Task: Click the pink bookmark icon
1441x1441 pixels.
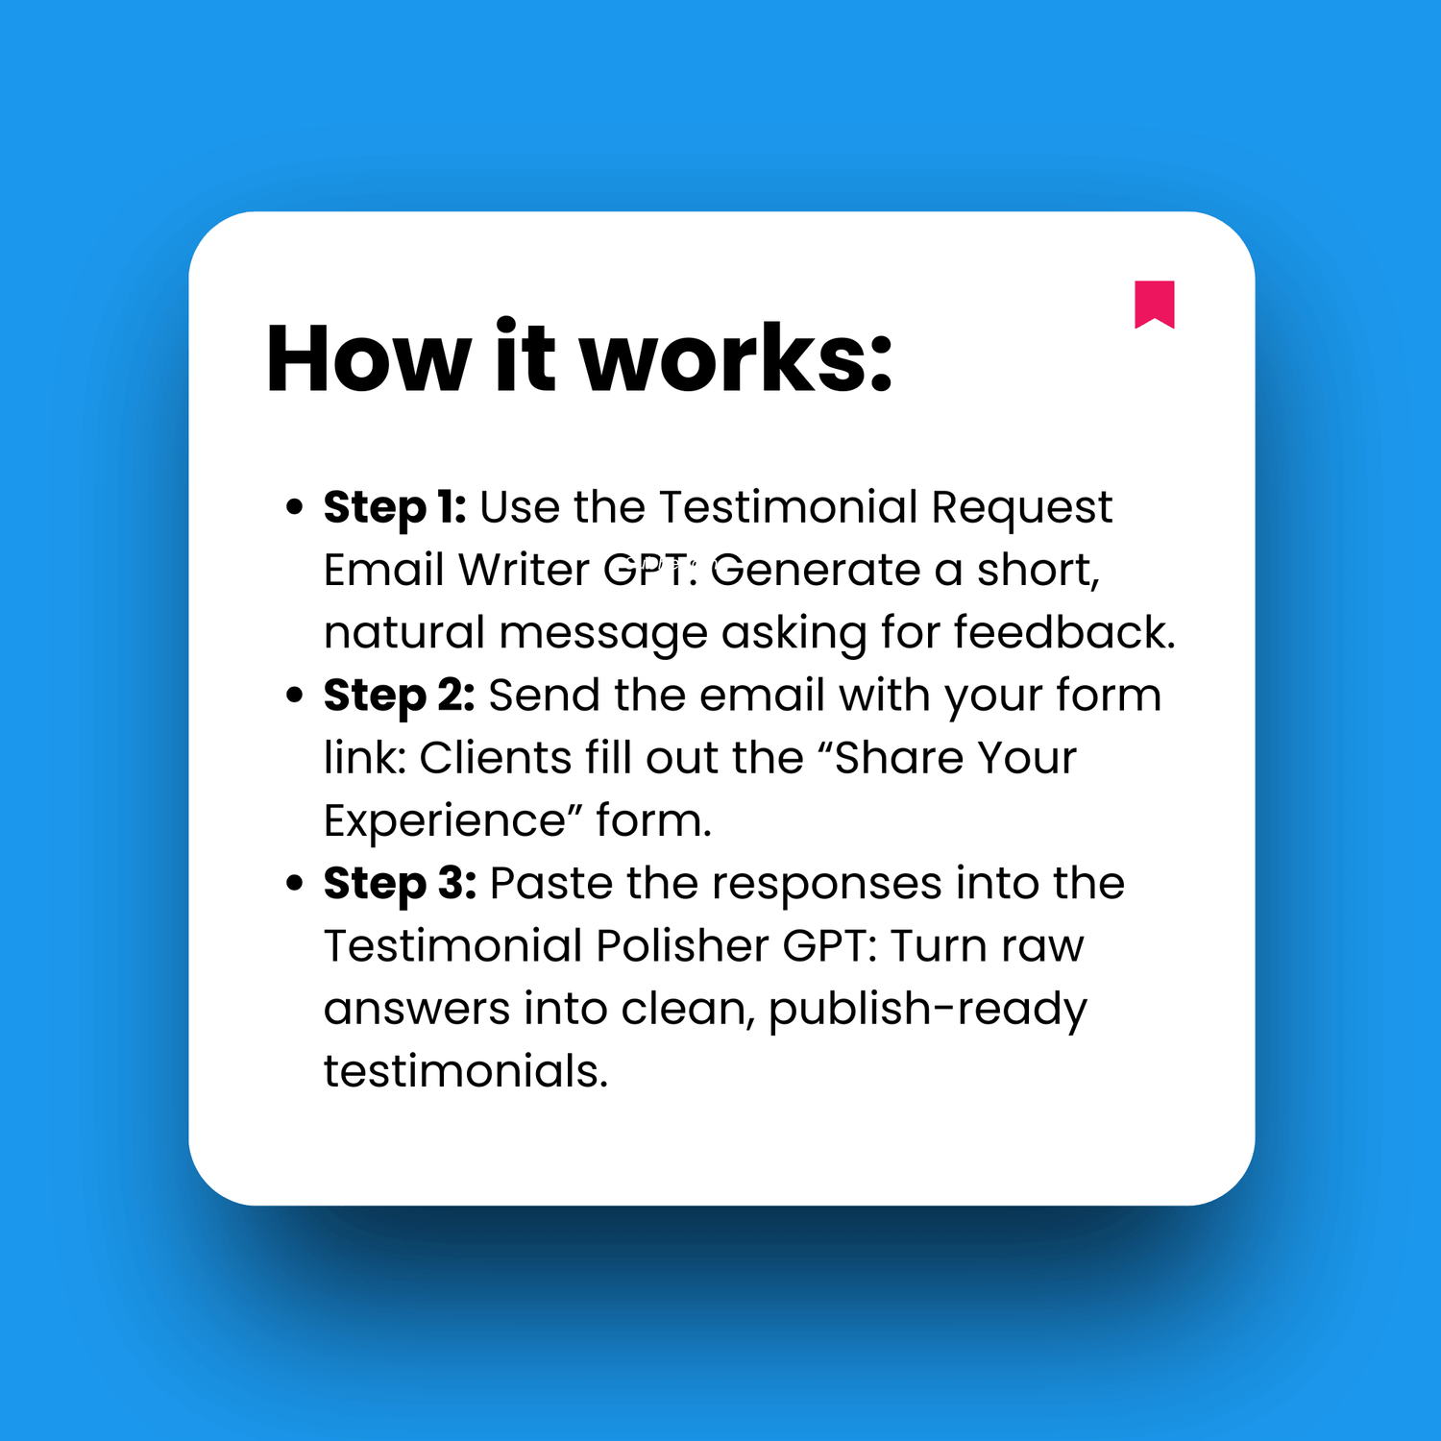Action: (x=1154, y=304)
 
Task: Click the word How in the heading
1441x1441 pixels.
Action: (x=368, y=359)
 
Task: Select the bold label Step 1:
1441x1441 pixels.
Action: (x=395, y=507)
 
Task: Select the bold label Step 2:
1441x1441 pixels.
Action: (x=399, y=696)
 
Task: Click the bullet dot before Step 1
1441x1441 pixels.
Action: (x=295, y=507)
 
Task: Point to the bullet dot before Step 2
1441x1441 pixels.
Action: (x=295, y=696)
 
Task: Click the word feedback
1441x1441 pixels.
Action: (x=1063, y=633)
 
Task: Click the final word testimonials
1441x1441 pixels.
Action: (x=466, y=1072)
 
